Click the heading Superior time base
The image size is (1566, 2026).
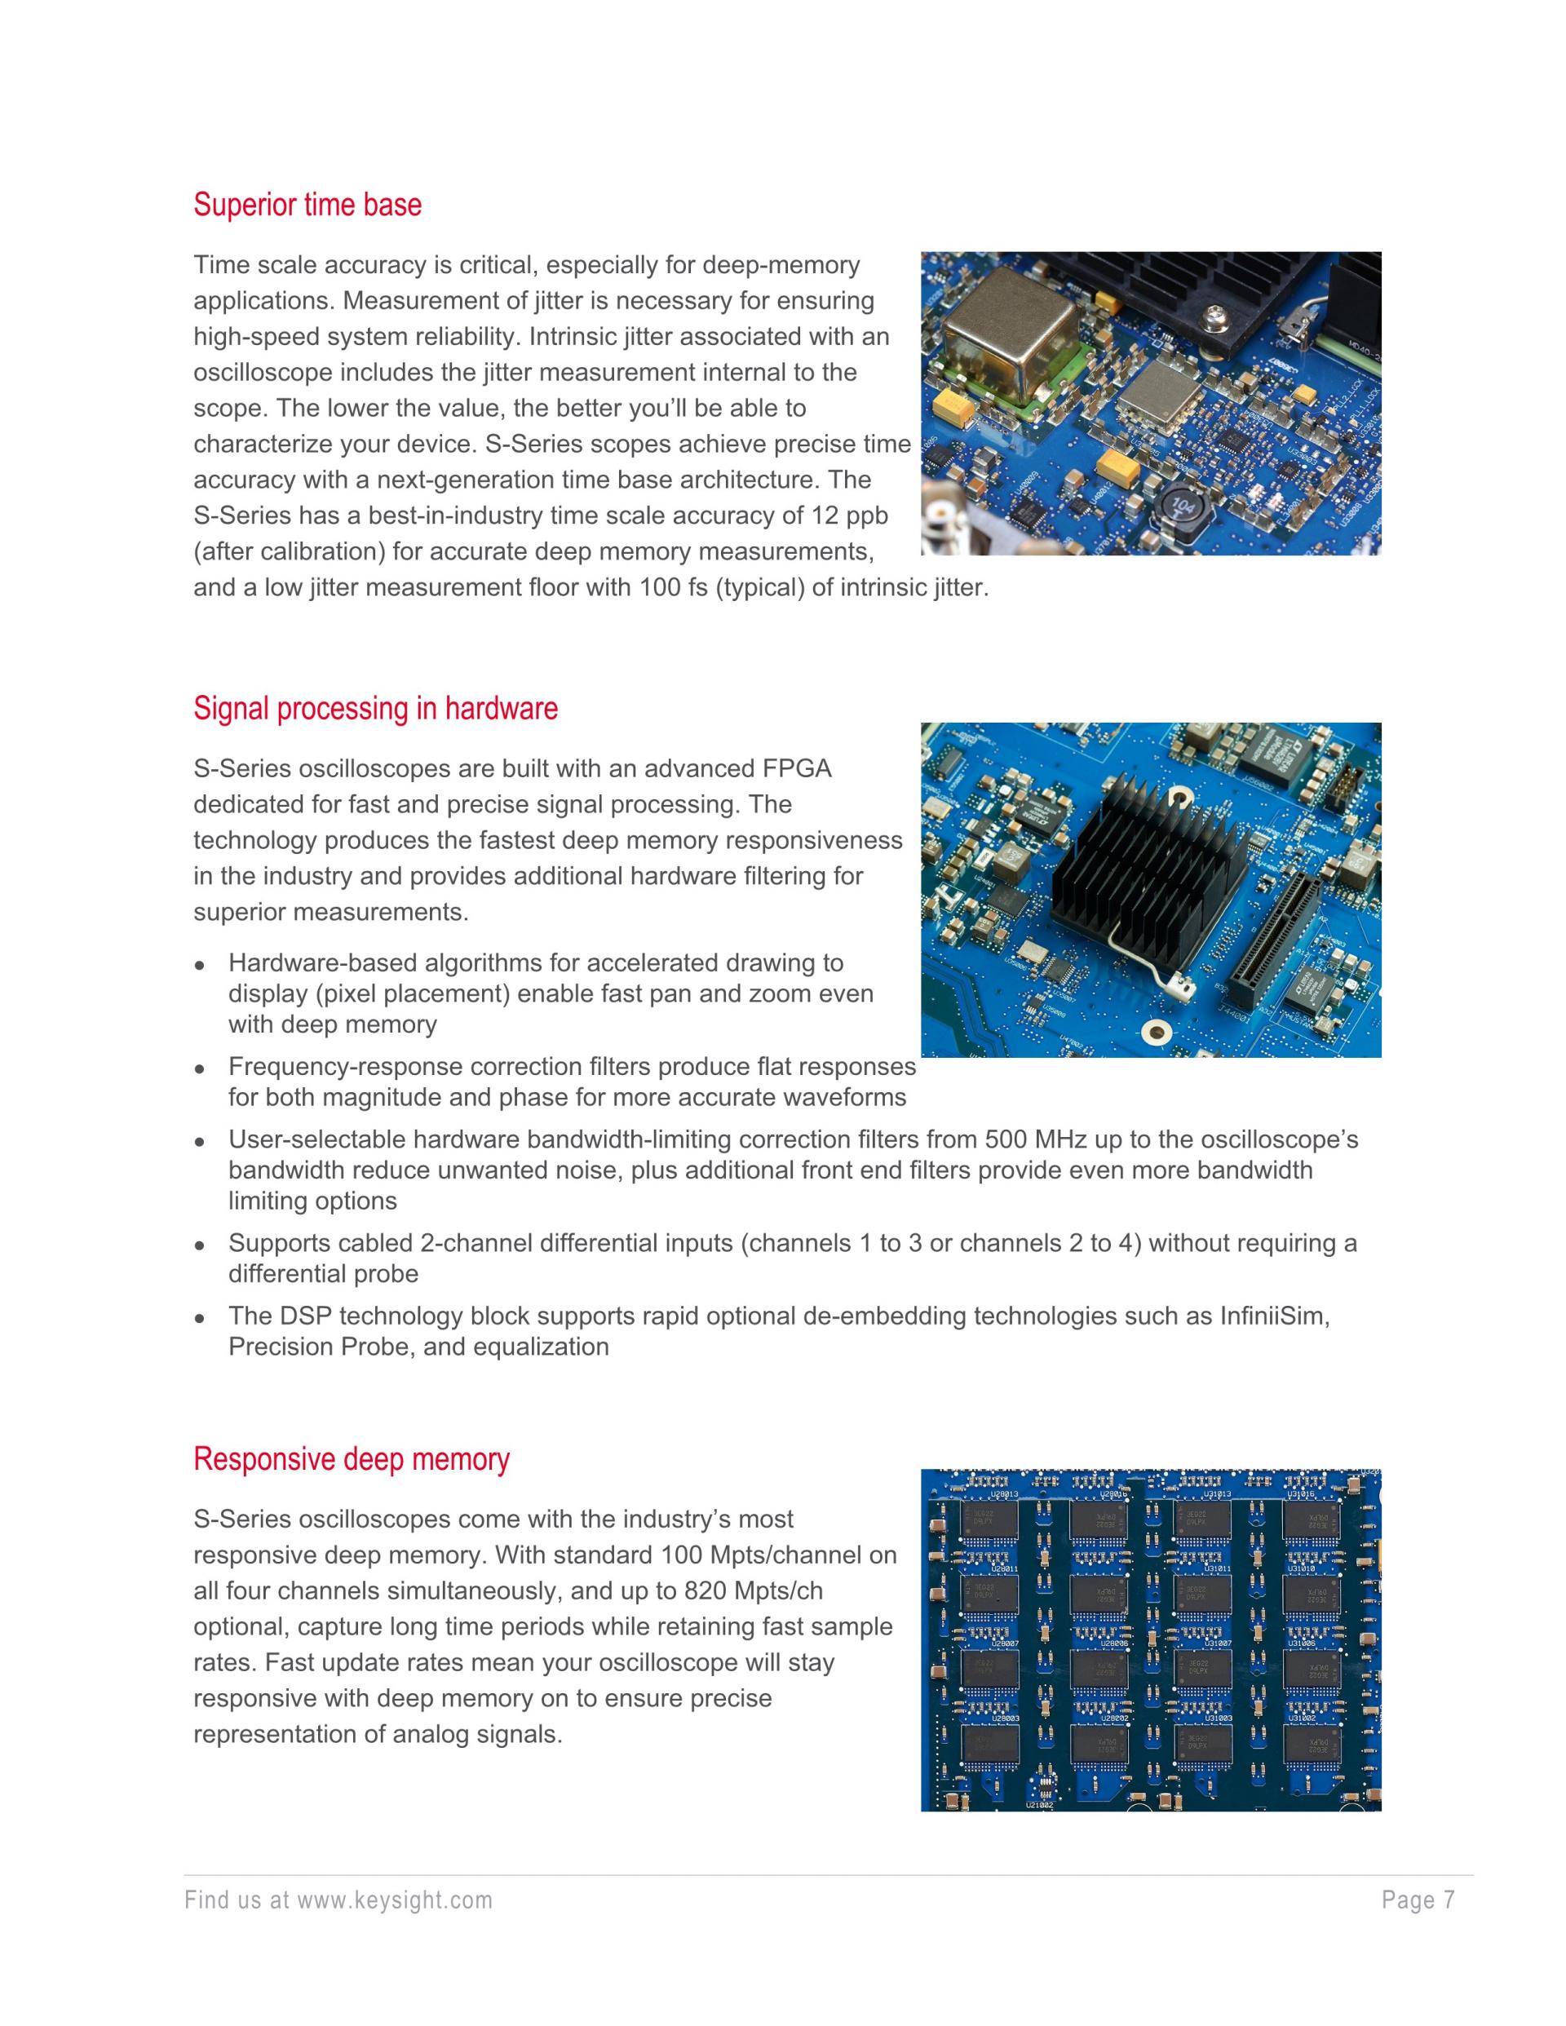pyautogui.click(x=307, y=205)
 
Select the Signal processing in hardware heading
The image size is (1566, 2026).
pyautogui.click(x=375, y=709)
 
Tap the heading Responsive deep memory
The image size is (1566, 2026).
pyautogui.click(x=351, y=1459)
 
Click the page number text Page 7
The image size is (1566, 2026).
pyautogui.click(x=1418, y=1900)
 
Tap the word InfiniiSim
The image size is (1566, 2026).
pyautogui.click(x=1273, y=1316)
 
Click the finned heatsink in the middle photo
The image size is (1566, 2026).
pyautogui.click(x=1150, y=869)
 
